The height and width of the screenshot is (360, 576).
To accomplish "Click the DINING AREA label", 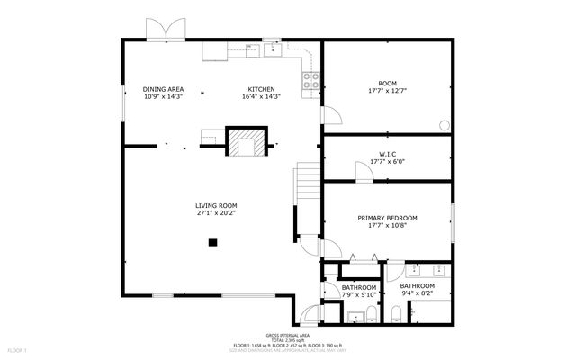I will click(164, 89).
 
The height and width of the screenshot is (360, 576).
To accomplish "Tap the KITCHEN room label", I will click(262, 89).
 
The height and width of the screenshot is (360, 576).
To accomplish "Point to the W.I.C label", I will click(387, 154).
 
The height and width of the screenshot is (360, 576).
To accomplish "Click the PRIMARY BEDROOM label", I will click(387, 218).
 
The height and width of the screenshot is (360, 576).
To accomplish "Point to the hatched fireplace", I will click(245, 143).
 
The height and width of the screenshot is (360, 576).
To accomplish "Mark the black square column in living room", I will click(212, 241).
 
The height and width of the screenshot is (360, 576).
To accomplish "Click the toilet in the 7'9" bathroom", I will click(368, 315).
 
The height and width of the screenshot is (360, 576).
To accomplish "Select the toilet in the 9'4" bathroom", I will click(397, 315).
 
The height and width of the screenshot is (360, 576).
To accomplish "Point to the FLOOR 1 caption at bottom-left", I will click(18, 349).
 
